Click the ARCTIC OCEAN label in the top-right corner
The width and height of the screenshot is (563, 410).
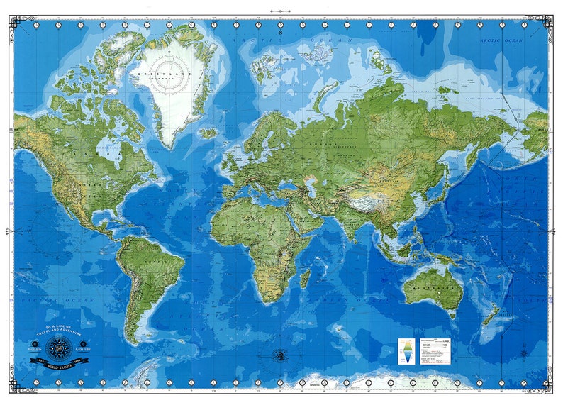coord(501,40)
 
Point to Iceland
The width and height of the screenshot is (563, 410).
coord(208,133)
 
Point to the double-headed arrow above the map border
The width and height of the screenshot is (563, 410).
coord(281,11)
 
